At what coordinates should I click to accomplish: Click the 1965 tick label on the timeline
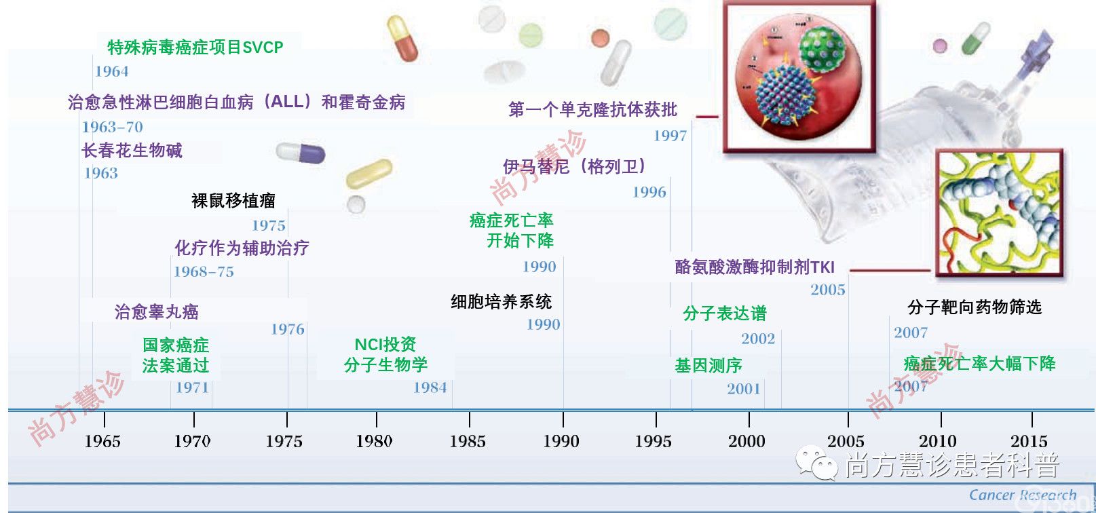102,441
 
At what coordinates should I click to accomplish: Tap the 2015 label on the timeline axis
1029,441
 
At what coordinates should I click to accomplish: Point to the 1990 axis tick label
561,441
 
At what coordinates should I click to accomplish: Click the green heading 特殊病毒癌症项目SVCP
195,47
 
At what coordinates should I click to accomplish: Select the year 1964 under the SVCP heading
111,71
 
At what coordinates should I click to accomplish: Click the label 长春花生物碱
132,150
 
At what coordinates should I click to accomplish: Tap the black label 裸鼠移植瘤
233,200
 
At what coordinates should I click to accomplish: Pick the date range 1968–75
204,271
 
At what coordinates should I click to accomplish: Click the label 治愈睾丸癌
157,311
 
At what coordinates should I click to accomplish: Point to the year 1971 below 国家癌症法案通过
192,387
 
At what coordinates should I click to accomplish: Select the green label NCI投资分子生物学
385,354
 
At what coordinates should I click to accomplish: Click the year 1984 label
430,387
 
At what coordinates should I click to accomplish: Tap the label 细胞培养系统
501,301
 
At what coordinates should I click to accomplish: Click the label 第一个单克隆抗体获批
593,109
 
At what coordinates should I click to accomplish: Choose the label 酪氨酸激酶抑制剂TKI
755,267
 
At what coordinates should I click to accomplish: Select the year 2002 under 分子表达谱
758,339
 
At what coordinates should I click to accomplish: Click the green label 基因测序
708,365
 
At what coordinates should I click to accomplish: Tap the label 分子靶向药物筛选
975,307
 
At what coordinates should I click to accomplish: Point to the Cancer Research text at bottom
1023,495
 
